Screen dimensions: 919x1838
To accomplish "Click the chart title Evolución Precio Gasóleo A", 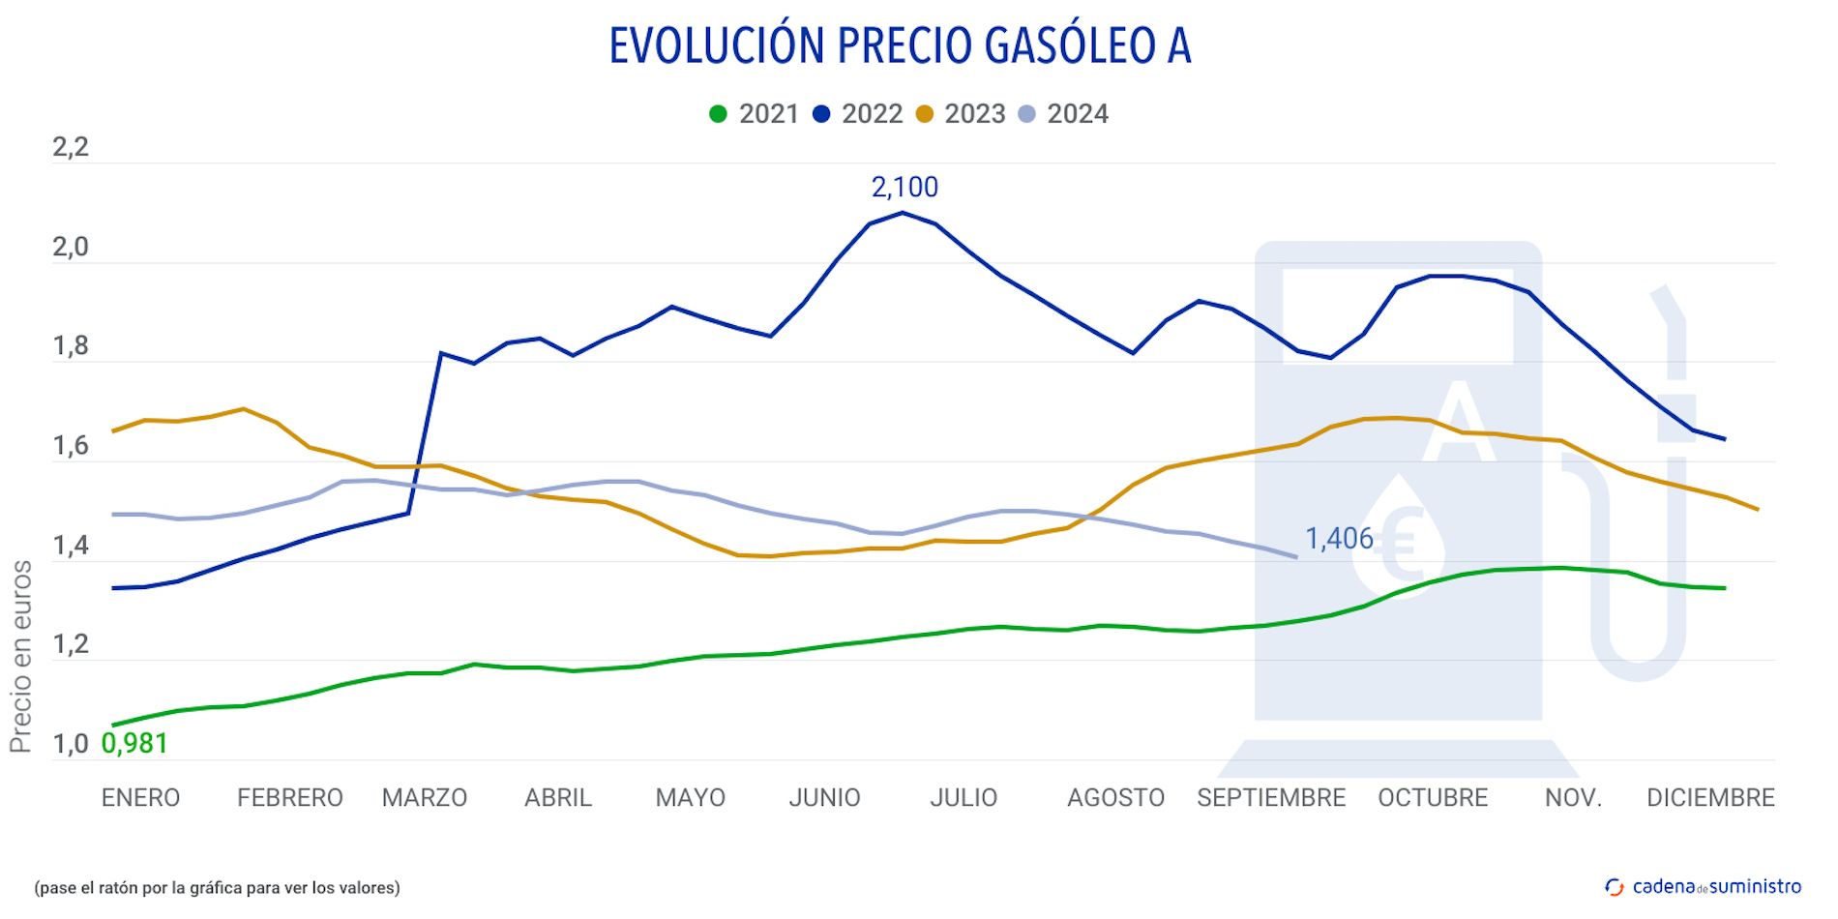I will [900, 45].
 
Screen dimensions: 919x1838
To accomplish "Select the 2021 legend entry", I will [756, 114].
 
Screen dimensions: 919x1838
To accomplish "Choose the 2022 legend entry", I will [859, 114].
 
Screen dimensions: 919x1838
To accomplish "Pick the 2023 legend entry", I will [962, 114].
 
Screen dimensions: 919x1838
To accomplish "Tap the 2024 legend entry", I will [1064, 114].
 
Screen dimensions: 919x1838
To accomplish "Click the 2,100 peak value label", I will [904, 187].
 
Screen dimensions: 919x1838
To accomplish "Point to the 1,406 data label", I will [1339, 539].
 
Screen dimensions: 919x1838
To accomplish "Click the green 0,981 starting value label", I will [134, 743].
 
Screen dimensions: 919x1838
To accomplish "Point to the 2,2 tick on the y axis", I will [71, 147].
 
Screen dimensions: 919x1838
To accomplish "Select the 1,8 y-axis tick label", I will [71, 346].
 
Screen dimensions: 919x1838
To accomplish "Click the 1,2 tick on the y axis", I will [71, 644].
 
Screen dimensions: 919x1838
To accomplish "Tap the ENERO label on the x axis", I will [140, 798].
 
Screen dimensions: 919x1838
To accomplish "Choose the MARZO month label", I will [425, 798].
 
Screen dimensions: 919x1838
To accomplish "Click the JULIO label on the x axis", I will [963, 798].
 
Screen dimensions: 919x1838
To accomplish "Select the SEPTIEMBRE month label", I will [1271, 798].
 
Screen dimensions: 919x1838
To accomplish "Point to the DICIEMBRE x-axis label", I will [1710, 798].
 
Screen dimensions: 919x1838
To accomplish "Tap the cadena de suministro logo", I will [1704, 887].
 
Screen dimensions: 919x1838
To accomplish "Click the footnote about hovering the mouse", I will [217, 888].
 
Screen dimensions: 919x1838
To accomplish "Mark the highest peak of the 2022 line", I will [903, 213].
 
